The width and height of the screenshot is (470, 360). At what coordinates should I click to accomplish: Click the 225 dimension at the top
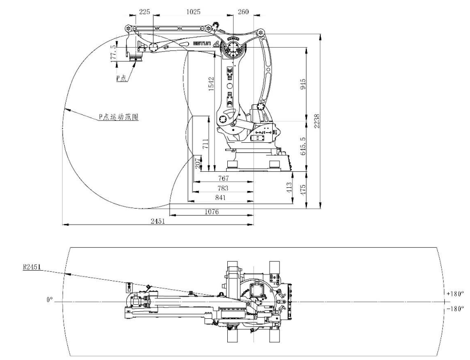[144, 11]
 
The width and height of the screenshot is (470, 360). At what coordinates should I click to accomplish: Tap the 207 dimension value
[197, 163]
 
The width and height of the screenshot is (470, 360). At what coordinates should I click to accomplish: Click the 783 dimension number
[223, 188]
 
